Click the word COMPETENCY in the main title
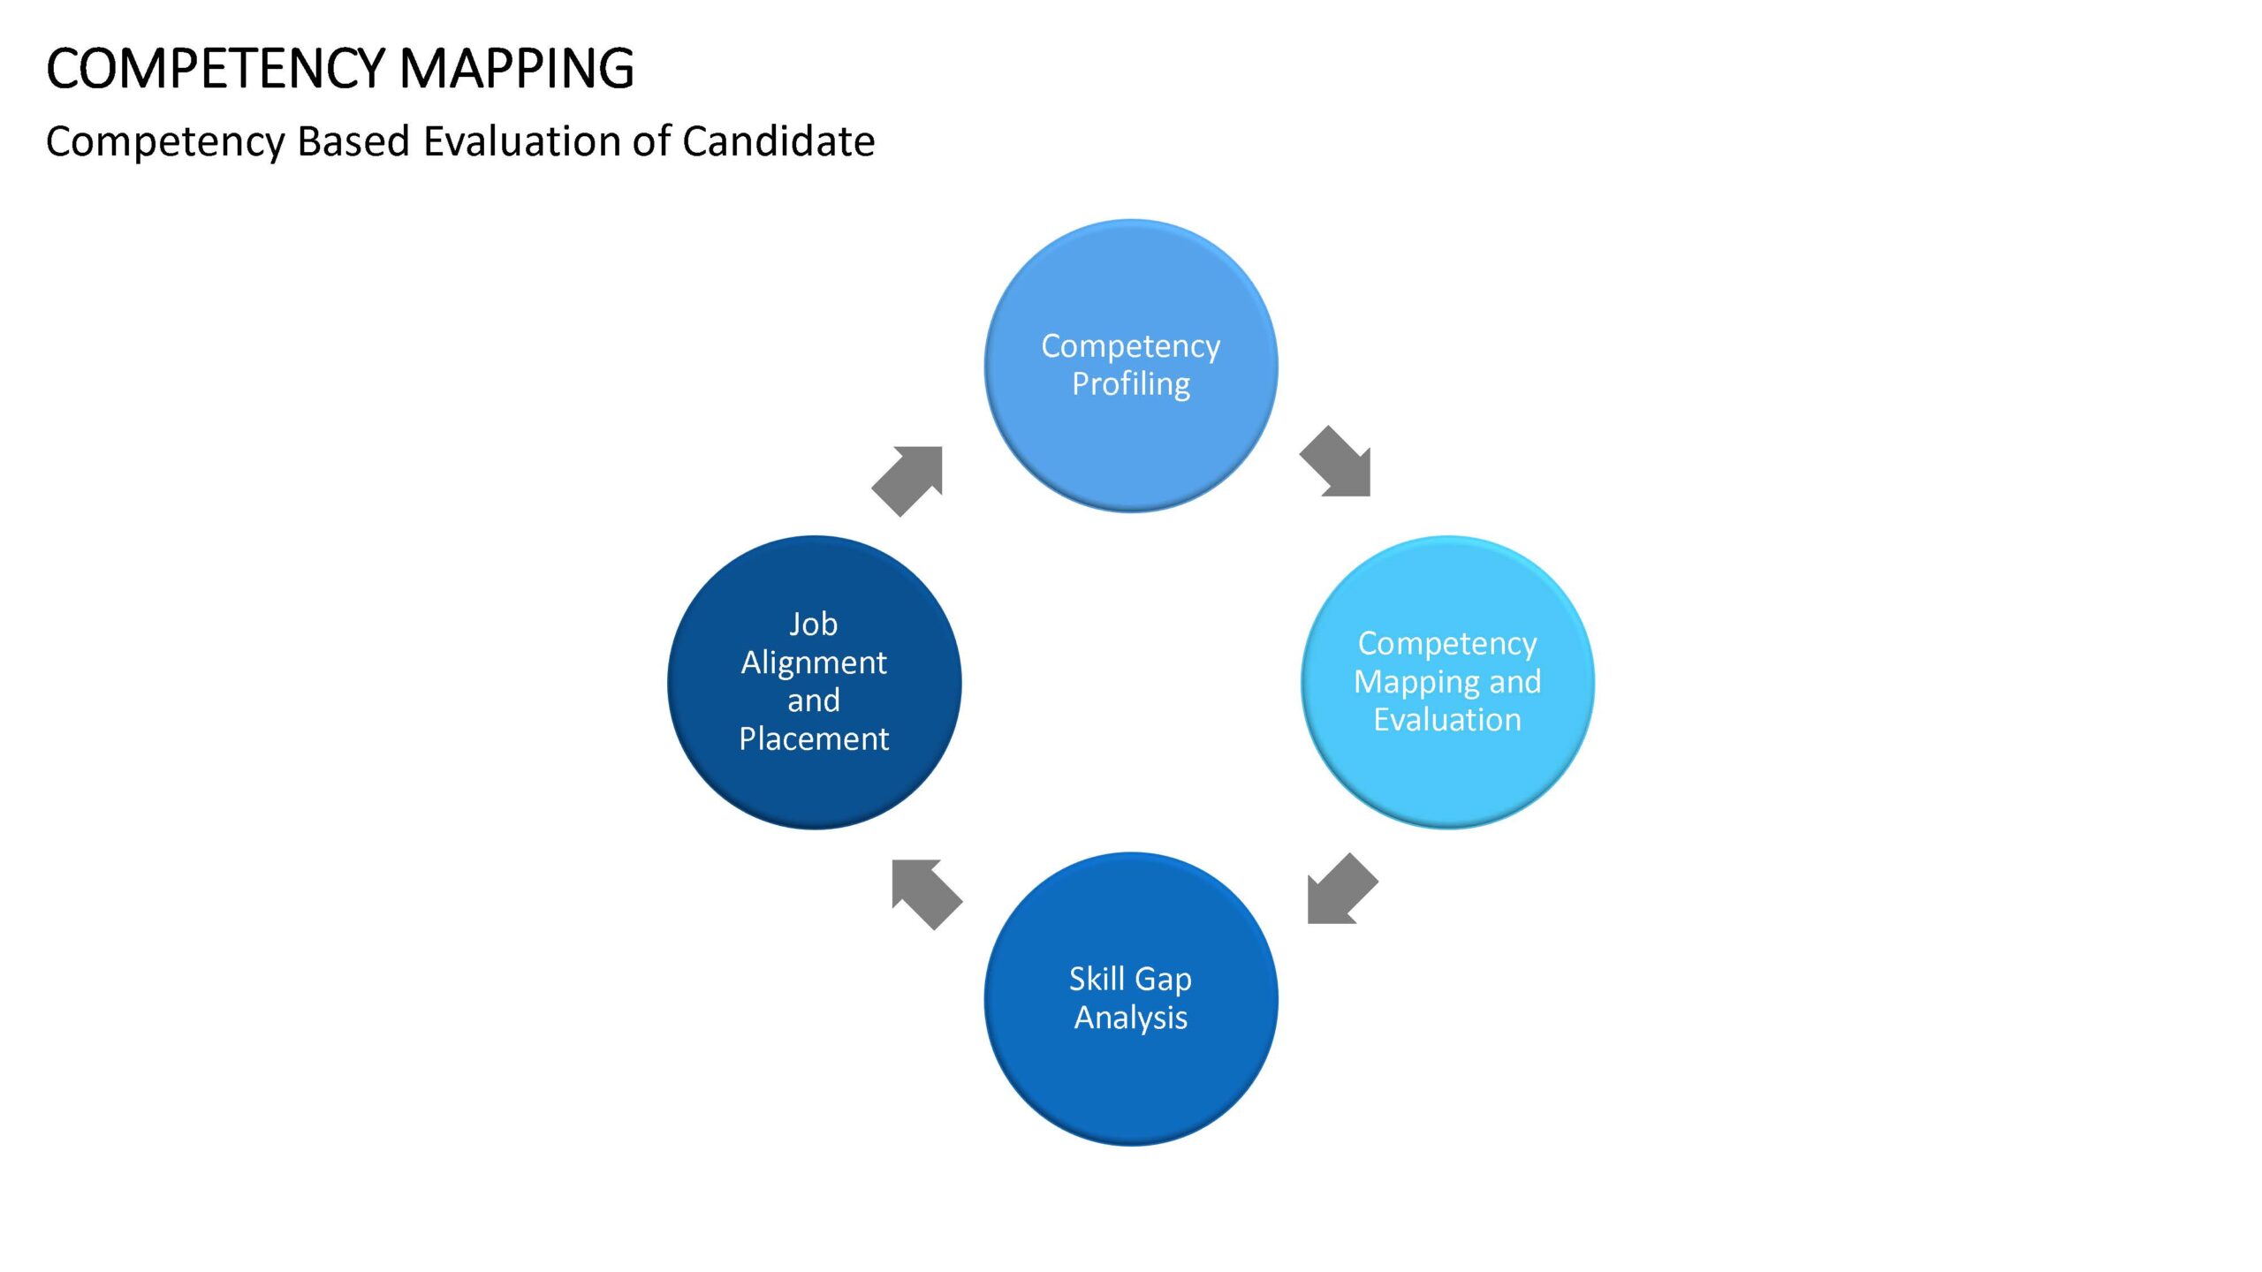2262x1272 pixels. [x=216, y=68]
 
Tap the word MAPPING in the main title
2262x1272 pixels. [x=517, y=68]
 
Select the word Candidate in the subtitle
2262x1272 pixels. [x=778, y=141]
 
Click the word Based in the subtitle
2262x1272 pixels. [x=353, y=141]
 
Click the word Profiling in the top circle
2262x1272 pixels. [x=1131, y=384]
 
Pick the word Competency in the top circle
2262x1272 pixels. [x=1131, y=346]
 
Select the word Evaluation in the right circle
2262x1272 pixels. [x=1447, y=719]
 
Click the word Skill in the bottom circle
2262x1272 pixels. [x=1097, y=978]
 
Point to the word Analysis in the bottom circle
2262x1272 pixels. [x=1131, y=1018]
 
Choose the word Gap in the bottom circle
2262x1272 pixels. [x=1163, y=980]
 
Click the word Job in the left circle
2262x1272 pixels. [x=813, y=625]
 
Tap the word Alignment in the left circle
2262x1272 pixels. [x=814, y=662]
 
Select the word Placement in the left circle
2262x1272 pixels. [x=814, y=738]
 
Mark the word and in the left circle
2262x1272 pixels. [x=814, y=700]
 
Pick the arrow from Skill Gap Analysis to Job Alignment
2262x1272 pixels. [x=926, y=894]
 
